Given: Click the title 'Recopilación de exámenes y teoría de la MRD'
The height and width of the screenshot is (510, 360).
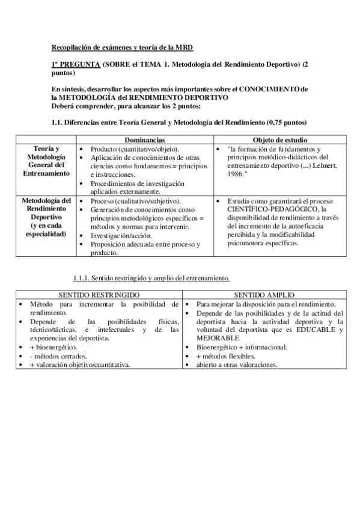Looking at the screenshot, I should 122,47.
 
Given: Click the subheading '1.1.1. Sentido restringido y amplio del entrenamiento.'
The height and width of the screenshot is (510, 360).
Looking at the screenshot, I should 151,278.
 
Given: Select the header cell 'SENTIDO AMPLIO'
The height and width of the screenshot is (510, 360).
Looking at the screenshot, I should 264,296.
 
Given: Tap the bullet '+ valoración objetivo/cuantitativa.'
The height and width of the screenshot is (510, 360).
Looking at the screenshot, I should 79,364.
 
